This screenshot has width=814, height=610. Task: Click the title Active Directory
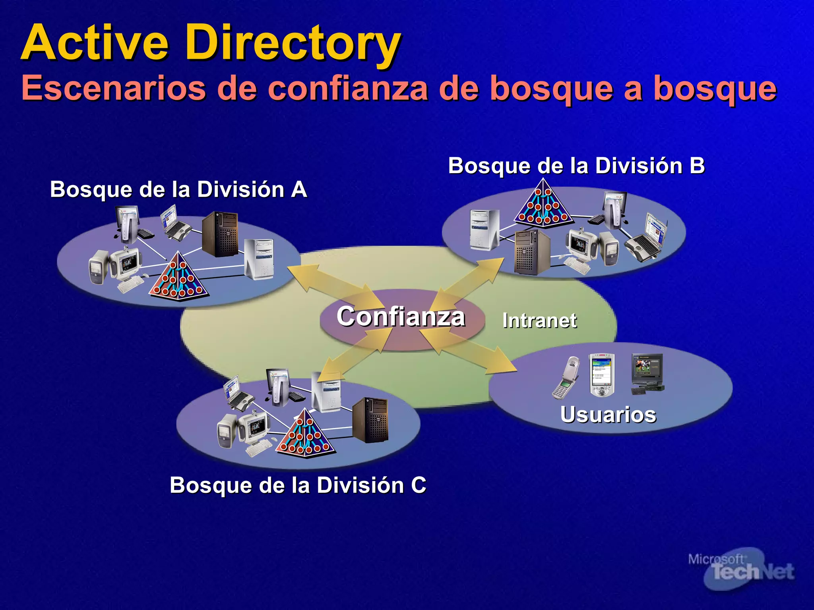211,43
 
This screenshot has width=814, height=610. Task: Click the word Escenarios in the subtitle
113,88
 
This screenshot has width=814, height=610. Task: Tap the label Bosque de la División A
178,189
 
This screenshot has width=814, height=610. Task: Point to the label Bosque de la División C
298,485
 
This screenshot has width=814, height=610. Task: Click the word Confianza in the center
401,317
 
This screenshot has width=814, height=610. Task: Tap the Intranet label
539,320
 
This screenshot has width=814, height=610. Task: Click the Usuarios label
608,415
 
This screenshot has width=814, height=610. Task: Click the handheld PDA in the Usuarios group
602,374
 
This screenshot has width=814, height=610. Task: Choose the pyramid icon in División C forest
305,434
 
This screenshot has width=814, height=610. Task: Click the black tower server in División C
370,420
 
